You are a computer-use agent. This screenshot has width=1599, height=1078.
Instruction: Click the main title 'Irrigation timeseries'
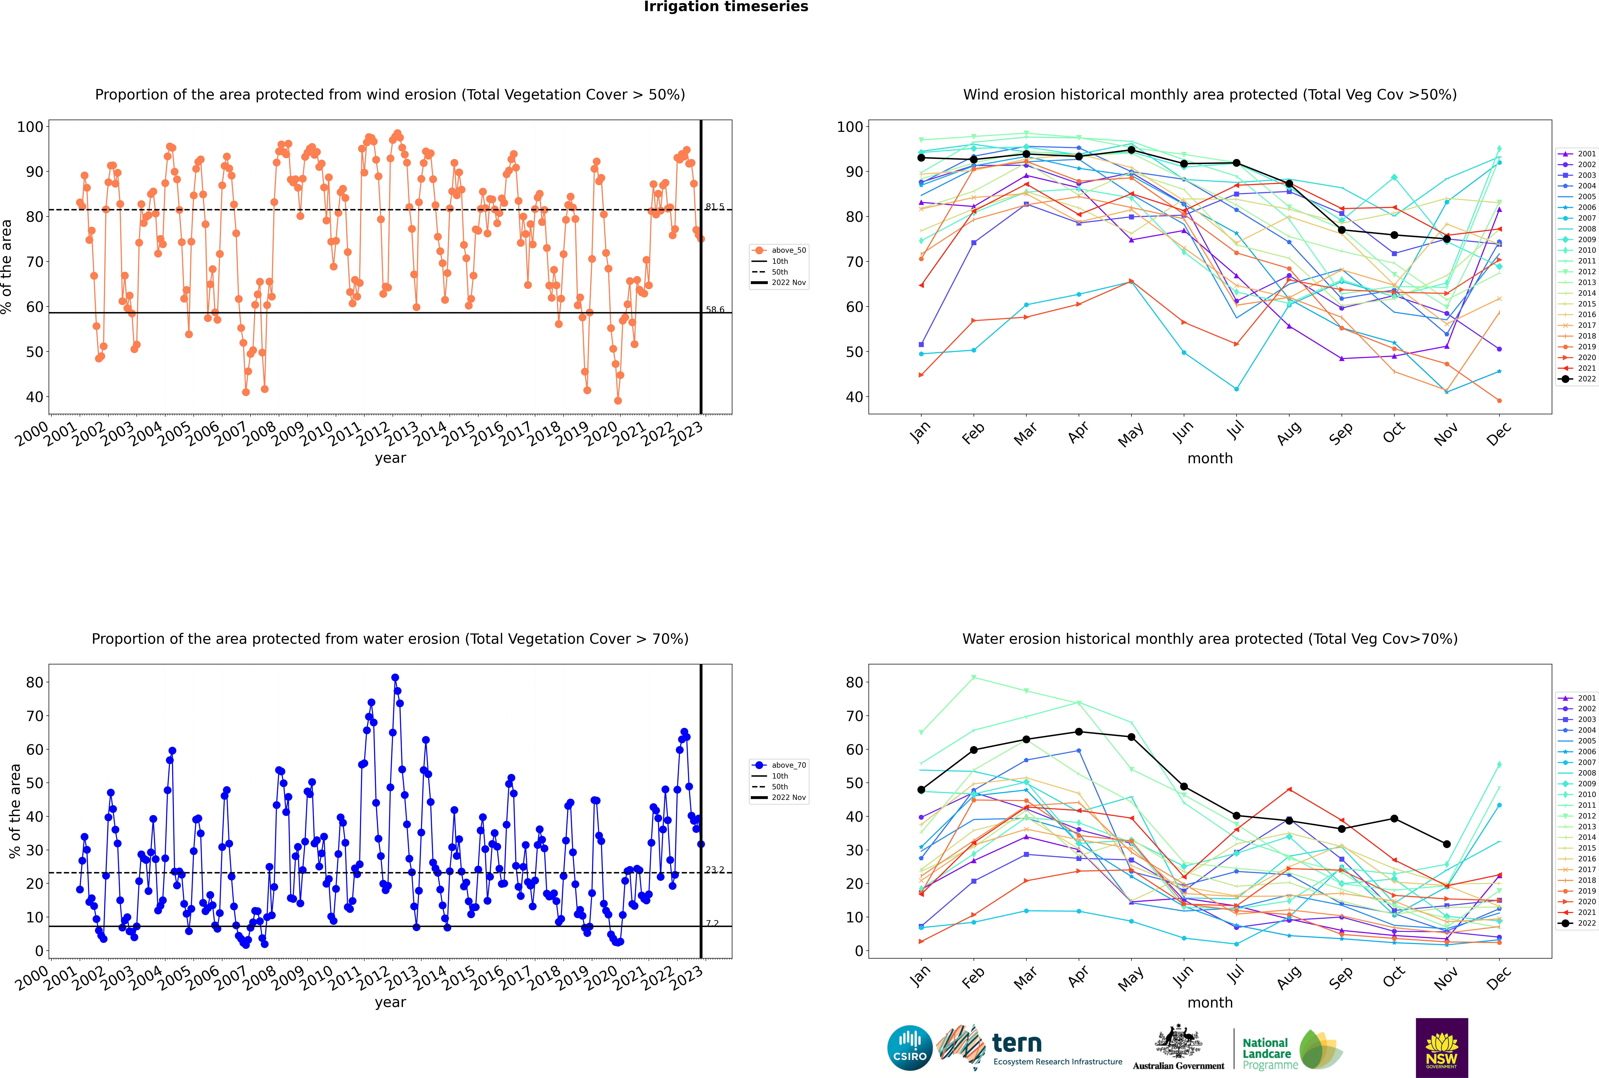click(x=726, y=7)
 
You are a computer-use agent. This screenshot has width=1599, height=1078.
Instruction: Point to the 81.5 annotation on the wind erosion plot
click(x=715, y=206)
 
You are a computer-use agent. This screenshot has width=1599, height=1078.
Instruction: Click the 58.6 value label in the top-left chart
click(x=715, y=309)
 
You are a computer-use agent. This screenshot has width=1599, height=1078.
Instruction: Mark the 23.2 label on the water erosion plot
click(x=715, y=870)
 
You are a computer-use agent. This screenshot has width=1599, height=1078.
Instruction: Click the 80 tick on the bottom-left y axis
click(x=34, y=683)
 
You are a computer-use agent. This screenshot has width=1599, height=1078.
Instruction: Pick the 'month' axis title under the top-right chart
click(x=1210, y=459)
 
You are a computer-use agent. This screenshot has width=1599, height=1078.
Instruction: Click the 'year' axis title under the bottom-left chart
click(x=390, y=1002)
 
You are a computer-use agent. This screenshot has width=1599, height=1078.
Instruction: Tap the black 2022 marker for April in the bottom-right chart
click(x=1079, y=731)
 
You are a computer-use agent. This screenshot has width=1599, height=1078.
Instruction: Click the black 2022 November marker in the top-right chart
click(x=1446, y=239)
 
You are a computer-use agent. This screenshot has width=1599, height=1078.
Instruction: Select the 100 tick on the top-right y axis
click(x=850, y=126)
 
